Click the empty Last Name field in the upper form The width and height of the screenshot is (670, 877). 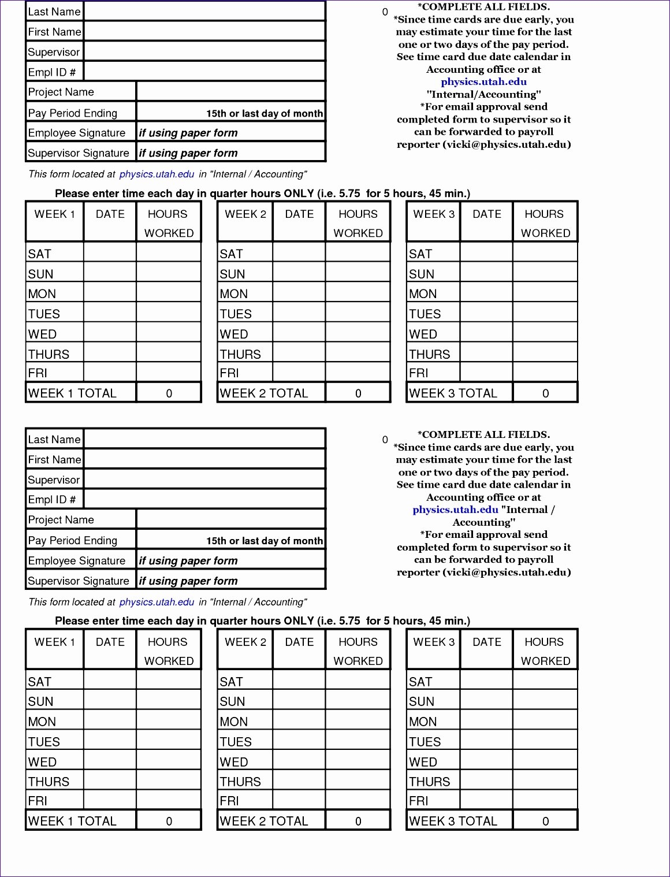204,11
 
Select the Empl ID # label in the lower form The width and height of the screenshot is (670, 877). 52,500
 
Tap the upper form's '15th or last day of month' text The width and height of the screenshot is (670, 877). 265,114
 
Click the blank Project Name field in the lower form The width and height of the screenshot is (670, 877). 231,519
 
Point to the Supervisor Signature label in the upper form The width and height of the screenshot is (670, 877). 79,153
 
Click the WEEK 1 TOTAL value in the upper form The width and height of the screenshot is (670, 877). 169,393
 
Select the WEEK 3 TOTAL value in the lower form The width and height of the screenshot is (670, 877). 545,821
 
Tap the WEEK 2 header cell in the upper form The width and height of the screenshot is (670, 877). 245,214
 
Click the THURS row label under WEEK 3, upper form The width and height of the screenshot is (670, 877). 429,354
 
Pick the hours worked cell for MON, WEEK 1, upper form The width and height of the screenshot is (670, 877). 169,293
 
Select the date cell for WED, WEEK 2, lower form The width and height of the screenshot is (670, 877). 299,761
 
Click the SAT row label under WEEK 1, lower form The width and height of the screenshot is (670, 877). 40,682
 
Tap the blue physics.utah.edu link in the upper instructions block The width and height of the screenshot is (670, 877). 483,82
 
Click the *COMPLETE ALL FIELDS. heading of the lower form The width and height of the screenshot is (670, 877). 483,434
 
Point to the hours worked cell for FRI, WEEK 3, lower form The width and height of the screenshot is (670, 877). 545,801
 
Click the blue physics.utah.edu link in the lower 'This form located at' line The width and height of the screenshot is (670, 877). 157,602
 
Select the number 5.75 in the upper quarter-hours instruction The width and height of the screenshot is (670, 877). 349,194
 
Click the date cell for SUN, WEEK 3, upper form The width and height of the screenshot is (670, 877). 486,274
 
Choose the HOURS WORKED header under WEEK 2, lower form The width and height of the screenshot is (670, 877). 358,651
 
